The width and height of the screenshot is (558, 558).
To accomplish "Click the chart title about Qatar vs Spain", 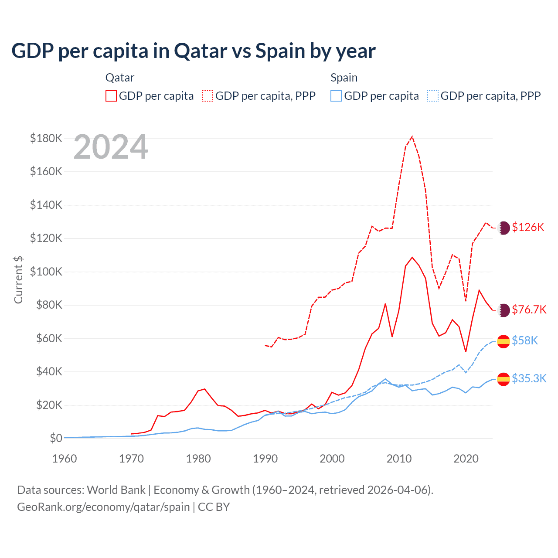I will (x=193, y=51).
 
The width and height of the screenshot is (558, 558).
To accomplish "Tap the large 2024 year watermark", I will (x=111, y=147).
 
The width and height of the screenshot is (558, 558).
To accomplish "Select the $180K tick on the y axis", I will (x=46, y=138).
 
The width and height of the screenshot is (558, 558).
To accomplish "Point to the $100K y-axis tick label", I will (x=46, y=272).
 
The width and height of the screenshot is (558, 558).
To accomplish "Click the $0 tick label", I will (x=55, y=438).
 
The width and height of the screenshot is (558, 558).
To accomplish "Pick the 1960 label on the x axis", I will (x=65, y=459).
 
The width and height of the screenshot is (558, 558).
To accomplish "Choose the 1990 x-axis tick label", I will (x=265, y=459).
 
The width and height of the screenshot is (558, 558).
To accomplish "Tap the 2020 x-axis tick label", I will (x=466, y=459).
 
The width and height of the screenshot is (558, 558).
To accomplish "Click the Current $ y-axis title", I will (x=18, y=280).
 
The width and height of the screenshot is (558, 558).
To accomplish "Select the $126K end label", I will (x=528, y=227).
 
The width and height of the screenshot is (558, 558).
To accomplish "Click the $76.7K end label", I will (x=529, y=310).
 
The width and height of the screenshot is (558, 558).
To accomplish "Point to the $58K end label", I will (x=525, y=340).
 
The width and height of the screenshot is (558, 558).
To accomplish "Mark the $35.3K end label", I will (x=529, y=378).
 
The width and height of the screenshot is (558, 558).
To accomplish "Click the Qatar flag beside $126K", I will (x=504, y=228).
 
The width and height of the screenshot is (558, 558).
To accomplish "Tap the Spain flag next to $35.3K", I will (x=504, y=379).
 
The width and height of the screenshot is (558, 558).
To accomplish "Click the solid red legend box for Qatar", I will (x=111, y=96).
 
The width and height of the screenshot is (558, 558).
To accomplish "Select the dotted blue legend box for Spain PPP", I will (x=433, y=96).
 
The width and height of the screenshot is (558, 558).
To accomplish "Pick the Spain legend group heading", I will (x=344, y=78).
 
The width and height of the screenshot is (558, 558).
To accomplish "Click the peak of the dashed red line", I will (x=412, y=136).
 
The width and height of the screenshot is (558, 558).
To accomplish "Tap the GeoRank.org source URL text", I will (x=103, y=507).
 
